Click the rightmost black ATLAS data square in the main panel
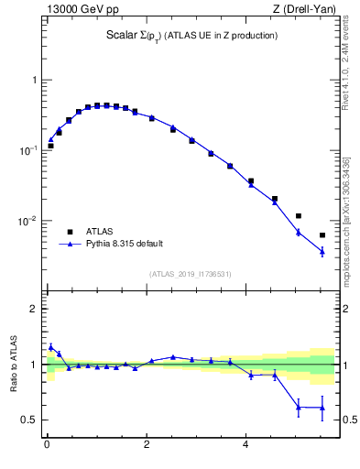[322, 235]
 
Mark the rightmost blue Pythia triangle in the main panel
[322, 251]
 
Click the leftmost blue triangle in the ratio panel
[51, 347]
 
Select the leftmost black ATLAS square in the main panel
[51, 146]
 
